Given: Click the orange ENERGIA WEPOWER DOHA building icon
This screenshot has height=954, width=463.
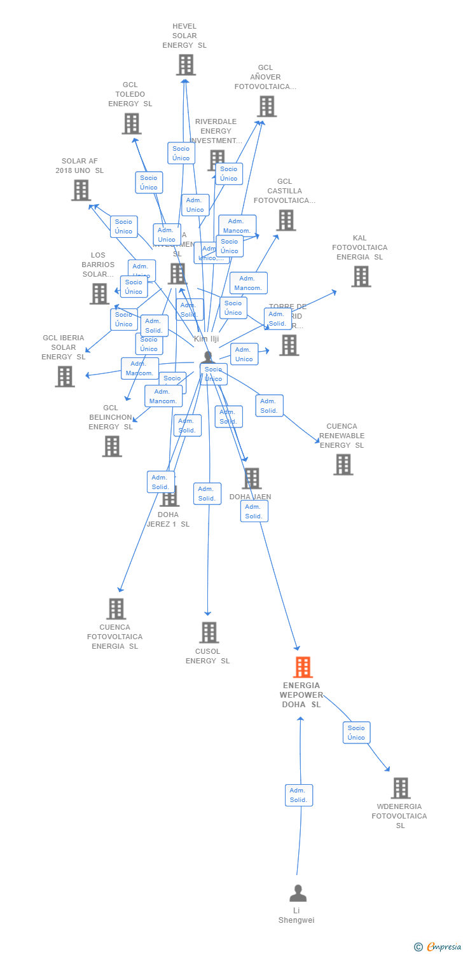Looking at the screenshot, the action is (303, 667).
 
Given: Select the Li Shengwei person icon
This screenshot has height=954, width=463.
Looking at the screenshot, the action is (298, 893).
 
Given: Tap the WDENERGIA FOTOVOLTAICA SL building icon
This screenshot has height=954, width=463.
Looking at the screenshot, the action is (400, 788).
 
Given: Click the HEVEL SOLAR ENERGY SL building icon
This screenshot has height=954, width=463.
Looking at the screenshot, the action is (186, 65).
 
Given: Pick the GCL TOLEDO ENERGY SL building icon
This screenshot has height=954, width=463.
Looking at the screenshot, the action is (131, 123).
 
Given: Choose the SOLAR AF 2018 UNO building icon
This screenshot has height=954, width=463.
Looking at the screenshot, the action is (81, 190).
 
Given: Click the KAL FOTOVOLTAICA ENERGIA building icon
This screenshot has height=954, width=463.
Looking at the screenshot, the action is (361, 277).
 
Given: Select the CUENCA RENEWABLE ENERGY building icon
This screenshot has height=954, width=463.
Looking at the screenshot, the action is (343, 465).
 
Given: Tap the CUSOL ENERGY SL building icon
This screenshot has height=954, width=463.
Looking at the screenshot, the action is (209, 633).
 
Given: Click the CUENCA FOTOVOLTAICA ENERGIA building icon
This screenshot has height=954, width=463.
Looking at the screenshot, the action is (116, 609).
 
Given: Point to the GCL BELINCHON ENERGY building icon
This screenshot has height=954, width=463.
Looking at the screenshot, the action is (112, 446).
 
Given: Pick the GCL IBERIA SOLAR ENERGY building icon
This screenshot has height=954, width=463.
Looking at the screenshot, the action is (64, 377).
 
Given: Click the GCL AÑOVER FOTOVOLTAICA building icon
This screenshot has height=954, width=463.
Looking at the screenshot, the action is (266, 106).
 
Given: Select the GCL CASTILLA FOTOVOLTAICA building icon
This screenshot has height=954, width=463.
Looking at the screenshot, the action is (286, 220).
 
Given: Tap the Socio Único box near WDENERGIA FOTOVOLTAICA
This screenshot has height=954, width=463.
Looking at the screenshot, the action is (356, 733).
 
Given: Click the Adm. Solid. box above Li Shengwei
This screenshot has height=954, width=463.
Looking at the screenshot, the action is (298, 795).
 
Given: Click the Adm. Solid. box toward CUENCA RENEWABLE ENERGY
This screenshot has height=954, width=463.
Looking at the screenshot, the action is (269, 406).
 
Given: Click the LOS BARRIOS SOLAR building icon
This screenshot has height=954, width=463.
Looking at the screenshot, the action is (99, 294).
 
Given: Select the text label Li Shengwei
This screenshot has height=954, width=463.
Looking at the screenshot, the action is (296, 915).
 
